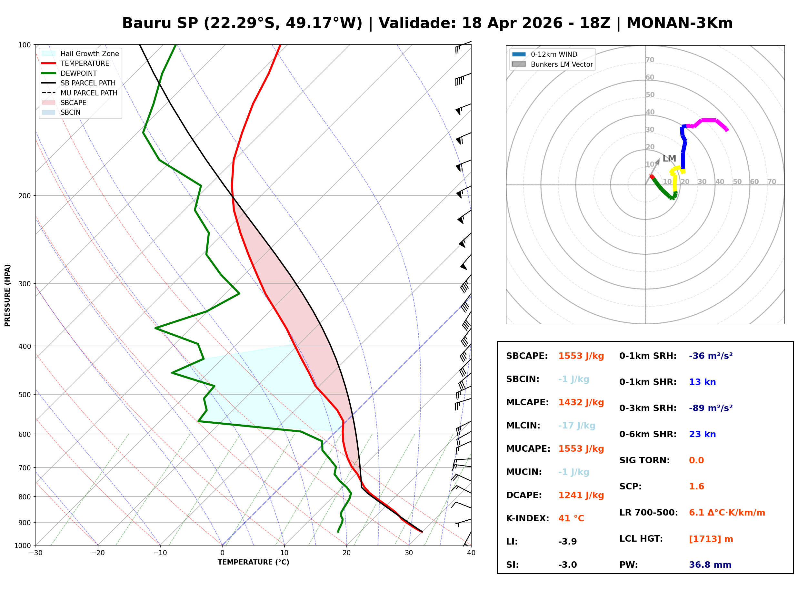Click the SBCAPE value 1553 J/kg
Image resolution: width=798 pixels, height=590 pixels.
(x=581, y=356)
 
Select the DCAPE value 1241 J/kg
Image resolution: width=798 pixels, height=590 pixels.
(x=581, y=495)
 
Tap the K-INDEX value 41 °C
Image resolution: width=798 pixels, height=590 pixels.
(x=571, y=518)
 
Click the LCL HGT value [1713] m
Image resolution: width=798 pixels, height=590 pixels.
(x=711, y=539)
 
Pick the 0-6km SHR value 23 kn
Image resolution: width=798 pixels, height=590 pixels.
(x=702, y=434)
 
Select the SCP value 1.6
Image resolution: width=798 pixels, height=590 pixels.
(x=696, y=487)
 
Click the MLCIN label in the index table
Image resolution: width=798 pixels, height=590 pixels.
(x=523, y=426)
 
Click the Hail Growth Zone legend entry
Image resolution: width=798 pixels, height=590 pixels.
(x=90, y=54)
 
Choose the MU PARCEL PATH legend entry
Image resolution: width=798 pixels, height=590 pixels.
(x=89, y=93)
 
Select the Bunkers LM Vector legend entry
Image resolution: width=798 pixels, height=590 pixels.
(x=562, y=64)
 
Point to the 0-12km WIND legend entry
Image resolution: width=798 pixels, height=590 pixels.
(x=554, y=54)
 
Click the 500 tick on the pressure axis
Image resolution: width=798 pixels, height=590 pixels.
(x=24, y=395)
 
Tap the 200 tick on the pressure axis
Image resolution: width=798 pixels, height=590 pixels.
(x=24, y=196)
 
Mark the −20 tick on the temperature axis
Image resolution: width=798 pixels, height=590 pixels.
(x=97, y=553)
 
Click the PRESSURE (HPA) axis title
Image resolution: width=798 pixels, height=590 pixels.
(x=7, y=295)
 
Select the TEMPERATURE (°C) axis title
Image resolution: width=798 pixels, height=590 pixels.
(x=253, y=562)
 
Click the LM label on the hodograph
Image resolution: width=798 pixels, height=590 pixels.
(x=669, y=158)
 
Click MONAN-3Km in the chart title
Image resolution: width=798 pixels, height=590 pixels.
(x=679, y=23)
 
